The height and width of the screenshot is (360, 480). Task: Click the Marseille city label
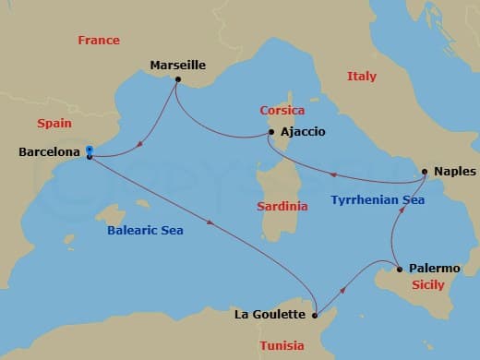pos(177,66)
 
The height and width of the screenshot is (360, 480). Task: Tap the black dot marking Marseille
pos(176,79)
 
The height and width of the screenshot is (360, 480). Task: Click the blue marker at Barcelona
pos(89,150)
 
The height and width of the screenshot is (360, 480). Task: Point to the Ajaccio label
pos(302,132)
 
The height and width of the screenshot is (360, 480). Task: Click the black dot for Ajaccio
pos(270,132)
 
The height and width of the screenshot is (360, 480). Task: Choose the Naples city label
pos(450,172)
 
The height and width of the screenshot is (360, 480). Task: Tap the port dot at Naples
pos(424,172)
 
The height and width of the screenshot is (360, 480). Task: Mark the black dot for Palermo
pos(399,270)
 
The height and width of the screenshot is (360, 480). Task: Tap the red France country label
pos(99,41)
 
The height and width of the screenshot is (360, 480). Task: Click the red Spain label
pos(54,123)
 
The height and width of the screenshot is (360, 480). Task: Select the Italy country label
pos(361,77)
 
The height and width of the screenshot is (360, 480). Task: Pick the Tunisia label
pos(282,345)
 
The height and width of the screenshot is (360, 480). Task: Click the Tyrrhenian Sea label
pos(378,199)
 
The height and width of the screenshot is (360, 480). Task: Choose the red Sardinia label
pos(281,207)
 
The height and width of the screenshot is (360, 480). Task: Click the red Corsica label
pos(282,110)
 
